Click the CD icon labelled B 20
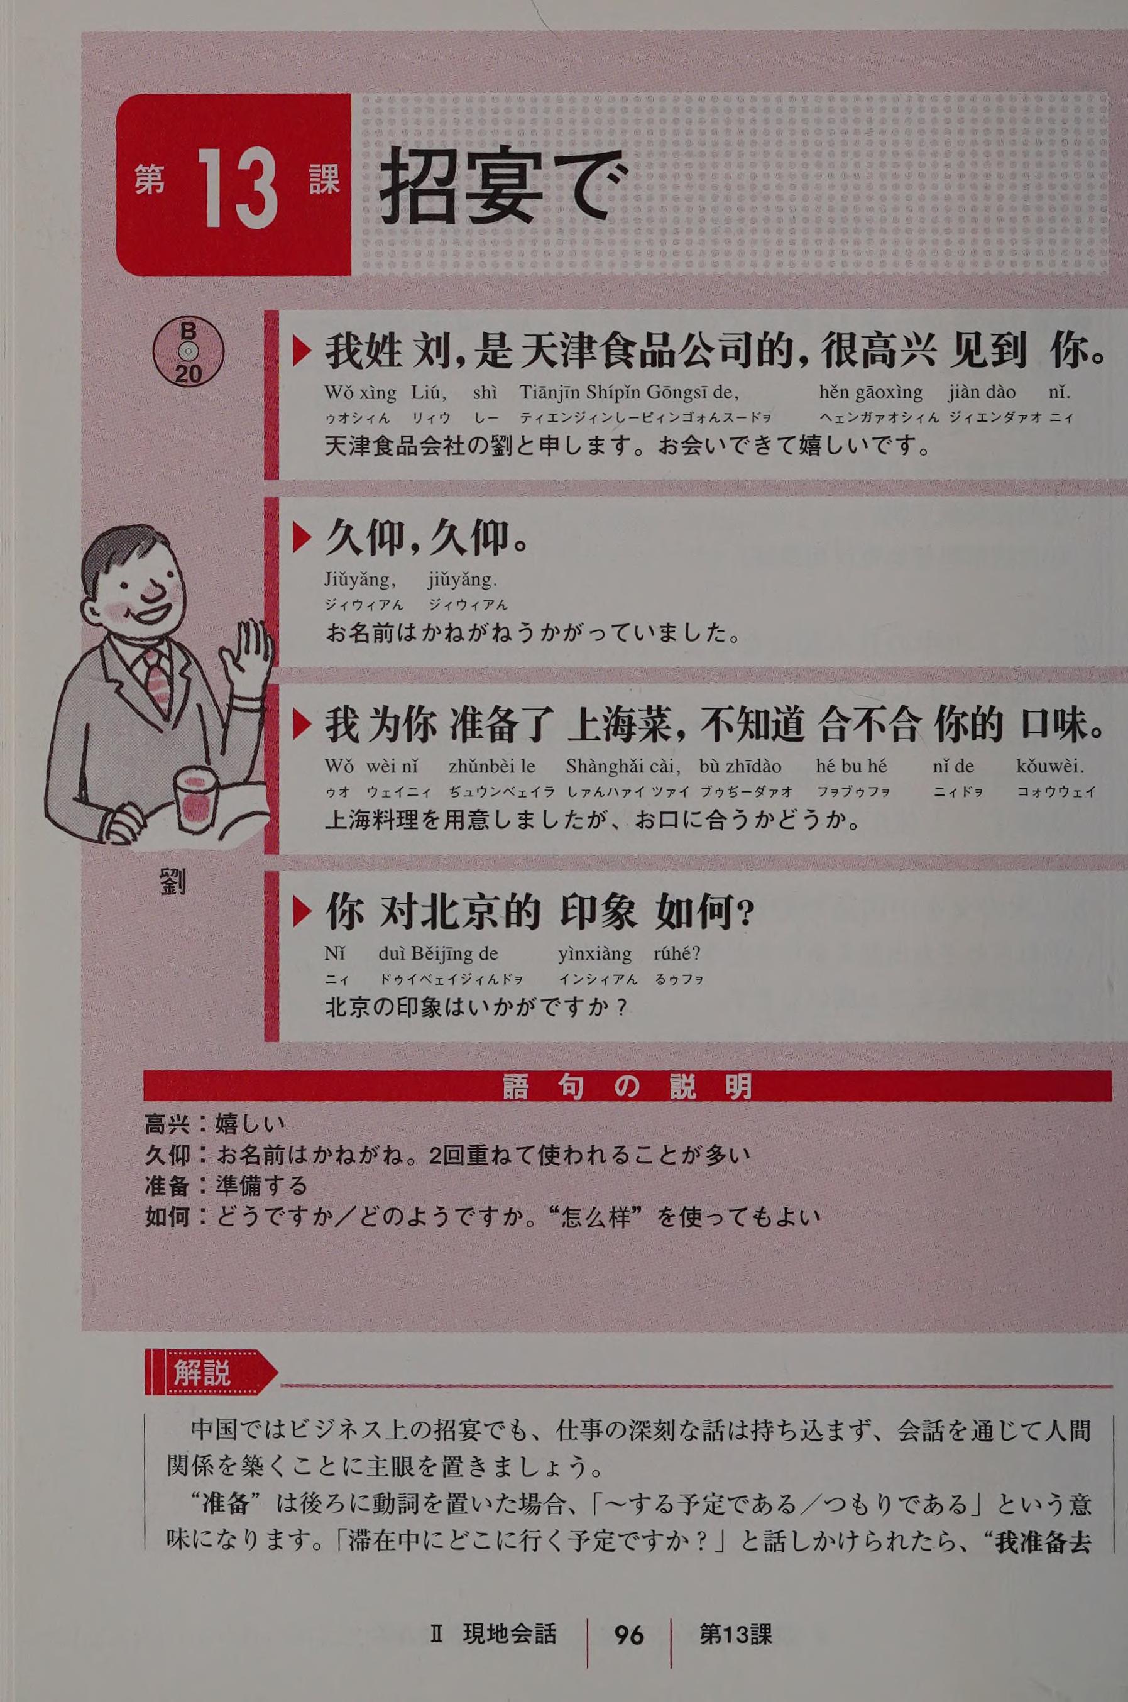click(188, 353)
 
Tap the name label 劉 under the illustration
click(173, 880)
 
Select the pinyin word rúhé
click(677, 955)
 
